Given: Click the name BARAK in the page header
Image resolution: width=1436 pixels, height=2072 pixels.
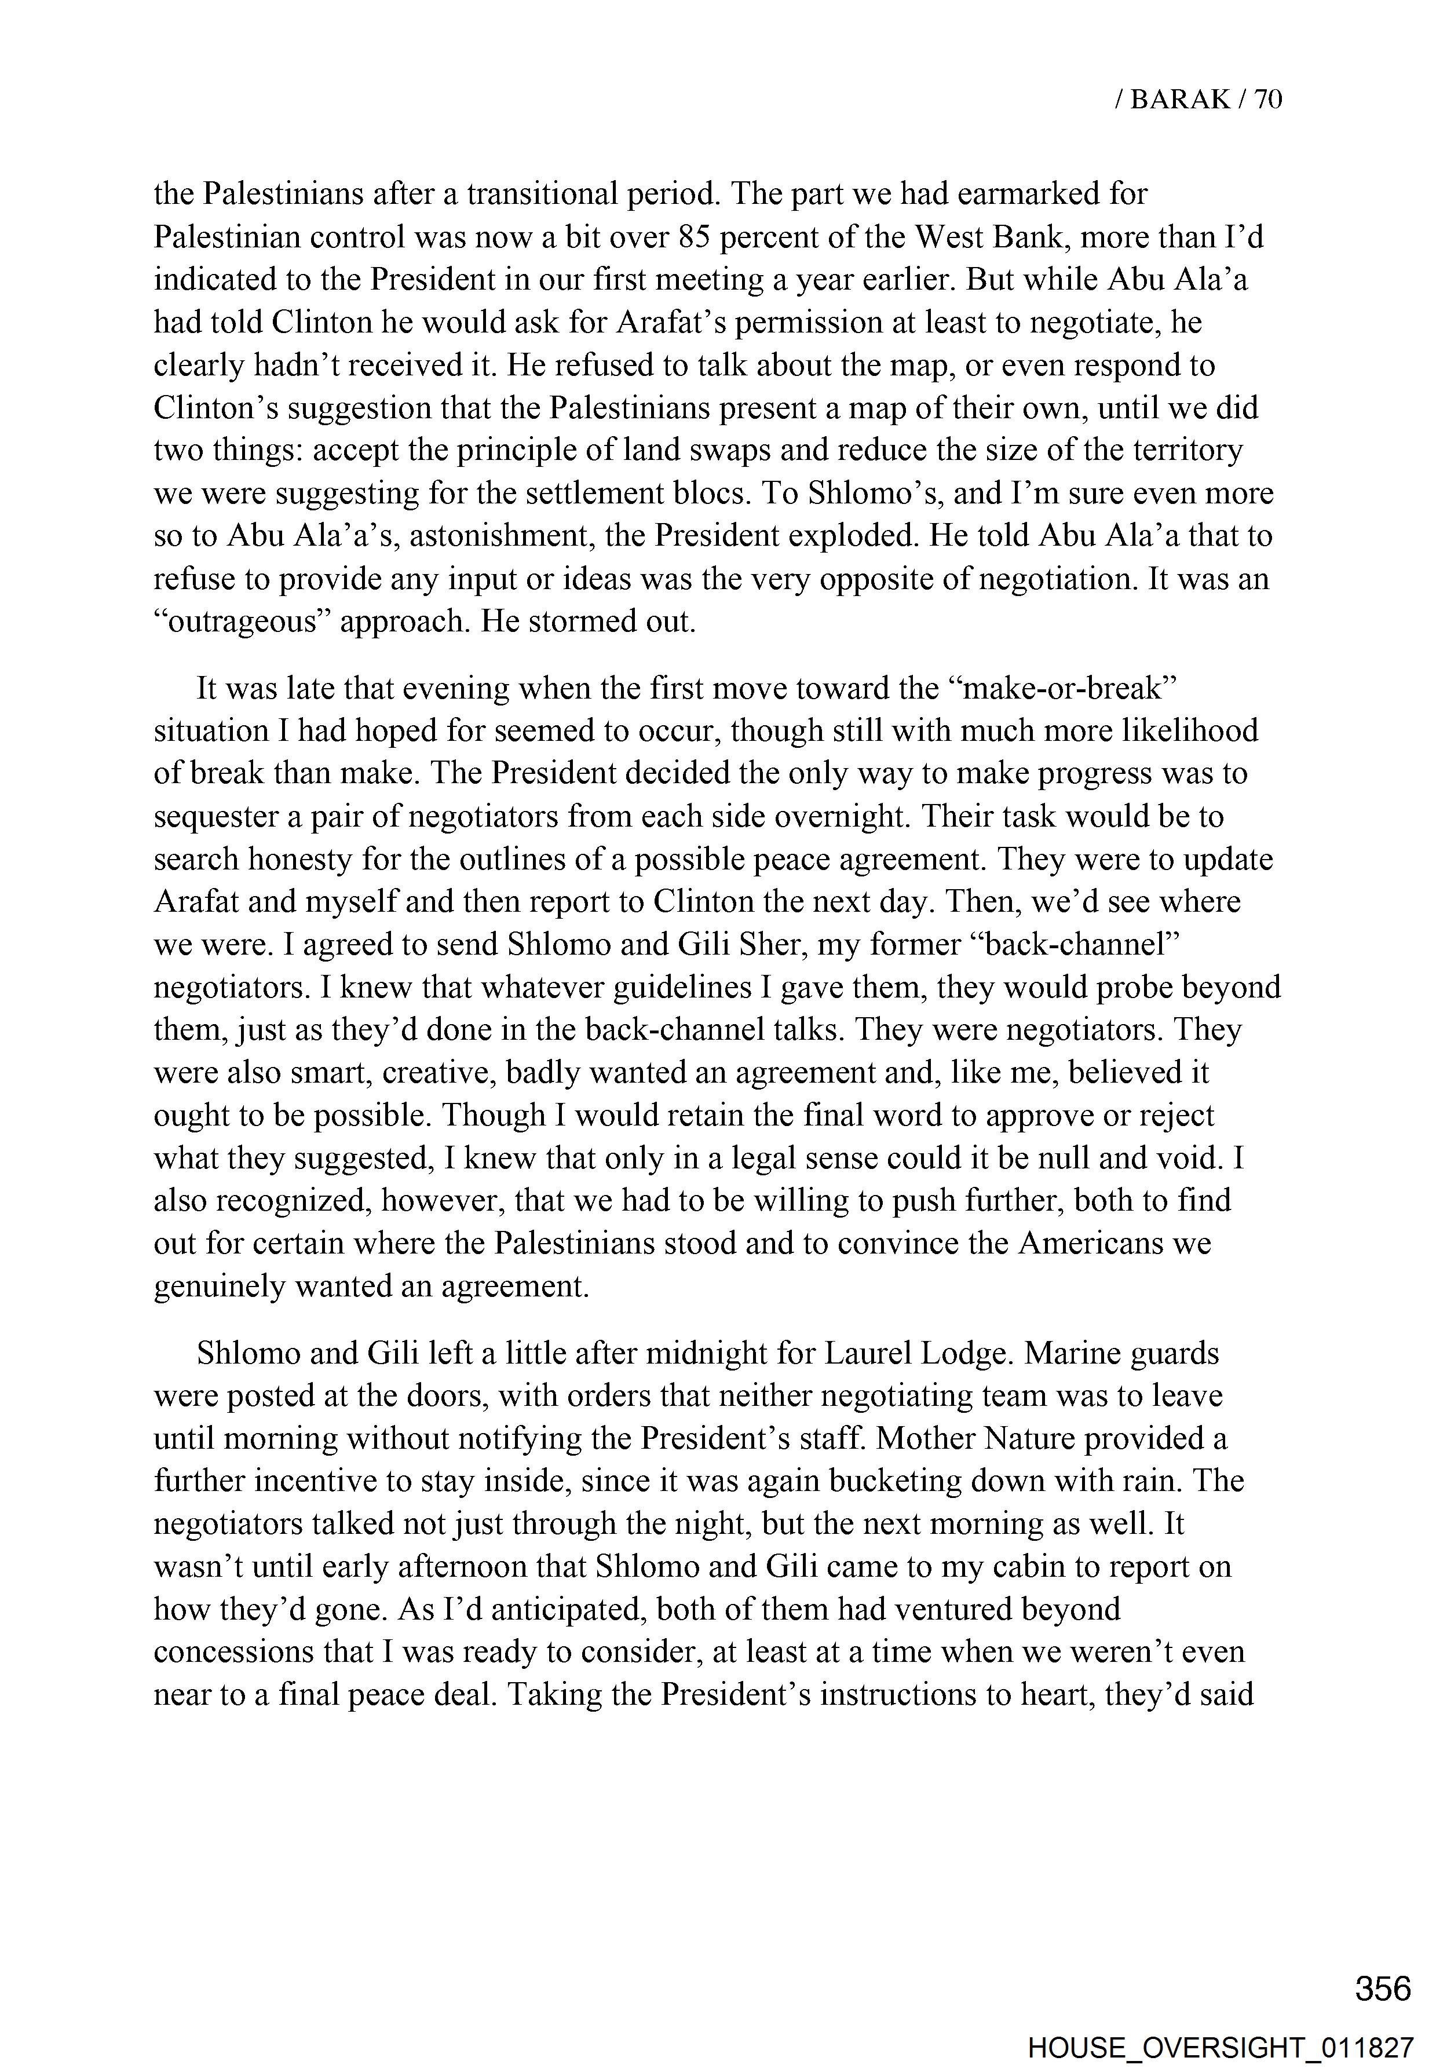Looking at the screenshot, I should [1179, 100].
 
